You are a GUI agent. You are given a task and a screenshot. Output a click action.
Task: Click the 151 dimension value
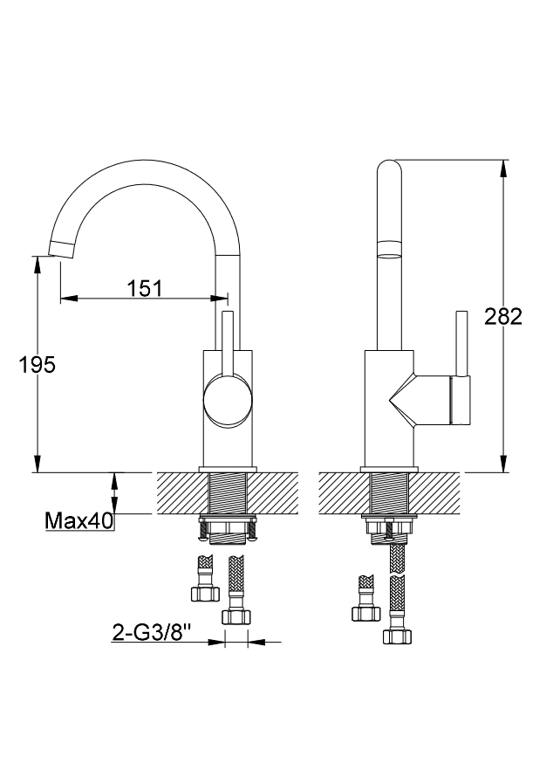coord(145,288)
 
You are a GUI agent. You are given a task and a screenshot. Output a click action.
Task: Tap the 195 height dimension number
coord(37,365)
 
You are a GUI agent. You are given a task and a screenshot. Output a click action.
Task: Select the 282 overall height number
coord(503,317)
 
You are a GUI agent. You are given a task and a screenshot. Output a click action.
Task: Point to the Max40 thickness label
coord(79,521)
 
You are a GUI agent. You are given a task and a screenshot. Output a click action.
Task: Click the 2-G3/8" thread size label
coord(153,633)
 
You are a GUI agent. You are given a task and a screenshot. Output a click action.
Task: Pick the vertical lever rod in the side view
coord(461,343)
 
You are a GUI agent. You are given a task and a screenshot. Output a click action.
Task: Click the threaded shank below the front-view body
coord(228,492)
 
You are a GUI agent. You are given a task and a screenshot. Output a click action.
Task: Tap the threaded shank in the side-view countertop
coord(389,492)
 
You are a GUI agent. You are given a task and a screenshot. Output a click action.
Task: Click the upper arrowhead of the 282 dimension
coord(503,168)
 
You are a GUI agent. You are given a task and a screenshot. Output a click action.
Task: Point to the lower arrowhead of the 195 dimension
coord(37,463)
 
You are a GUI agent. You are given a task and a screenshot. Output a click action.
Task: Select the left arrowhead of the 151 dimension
coord(69,299)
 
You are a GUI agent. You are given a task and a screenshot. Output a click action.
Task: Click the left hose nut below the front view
coord(205,594)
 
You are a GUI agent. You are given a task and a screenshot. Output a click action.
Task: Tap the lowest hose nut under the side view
coord(398,636)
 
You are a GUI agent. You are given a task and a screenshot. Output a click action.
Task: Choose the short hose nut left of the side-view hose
coord(366,614)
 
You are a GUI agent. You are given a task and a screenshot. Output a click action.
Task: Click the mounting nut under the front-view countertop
coord(228,528)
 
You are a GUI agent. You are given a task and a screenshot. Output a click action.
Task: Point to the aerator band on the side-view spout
coord(389,249)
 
